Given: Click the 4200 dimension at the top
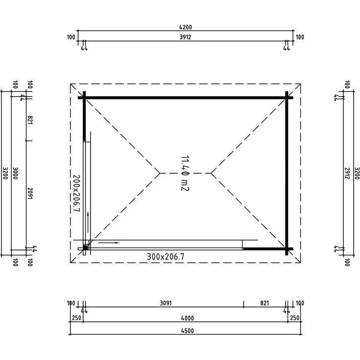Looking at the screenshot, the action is (x=185, y=27).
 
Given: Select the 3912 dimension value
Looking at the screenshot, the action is (x=185, y=37).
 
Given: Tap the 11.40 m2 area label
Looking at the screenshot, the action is (x=185, y=173).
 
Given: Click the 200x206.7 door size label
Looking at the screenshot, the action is (x=76, y=193).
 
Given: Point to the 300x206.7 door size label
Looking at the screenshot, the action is (x=165, y=256).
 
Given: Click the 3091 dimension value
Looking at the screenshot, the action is (x=166, y=303).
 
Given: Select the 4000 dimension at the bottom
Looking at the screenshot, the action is (x=187, y=318).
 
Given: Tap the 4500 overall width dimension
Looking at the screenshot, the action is (x=187, y=331).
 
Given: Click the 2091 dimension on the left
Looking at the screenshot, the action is (x=30, y=193).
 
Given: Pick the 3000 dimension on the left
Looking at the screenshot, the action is (x=15, y=173).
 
